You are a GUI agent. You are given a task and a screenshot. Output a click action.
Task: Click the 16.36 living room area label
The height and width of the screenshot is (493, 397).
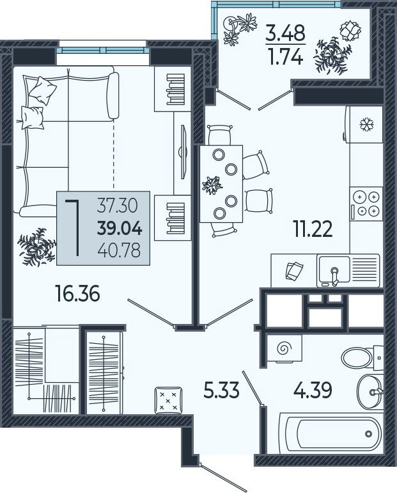click(x=77, y=293)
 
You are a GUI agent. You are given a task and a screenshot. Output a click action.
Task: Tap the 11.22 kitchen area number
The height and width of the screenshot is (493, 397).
click(x=312, y=229)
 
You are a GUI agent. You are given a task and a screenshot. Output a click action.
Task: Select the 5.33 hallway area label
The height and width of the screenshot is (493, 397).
click(x=222, y=391)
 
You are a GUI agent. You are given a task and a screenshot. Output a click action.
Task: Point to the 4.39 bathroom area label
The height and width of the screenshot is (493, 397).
click(x=313, y=391)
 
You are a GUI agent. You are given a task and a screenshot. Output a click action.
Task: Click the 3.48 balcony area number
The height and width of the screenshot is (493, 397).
click(x=285, y=33)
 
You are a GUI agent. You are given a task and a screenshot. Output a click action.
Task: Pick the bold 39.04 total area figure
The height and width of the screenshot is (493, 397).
click(x=120, y=229)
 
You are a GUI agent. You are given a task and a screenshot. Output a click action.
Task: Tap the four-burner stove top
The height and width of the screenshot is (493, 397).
click(x=366, y=204)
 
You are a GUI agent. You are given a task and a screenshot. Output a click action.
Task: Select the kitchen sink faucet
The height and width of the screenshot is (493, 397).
click(x=335, y=276)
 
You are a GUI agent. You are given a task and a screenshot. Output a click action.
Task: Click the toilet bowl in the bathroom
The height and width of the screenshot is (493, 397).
click(x=357, y=357)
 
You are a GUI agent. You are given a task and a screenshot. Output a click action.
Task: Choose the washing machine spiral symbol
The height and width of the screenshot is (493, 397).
click(x=285, y=349)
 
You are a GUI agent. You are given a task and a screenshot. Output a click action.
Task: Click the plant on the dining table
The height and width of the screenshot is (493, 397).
click(x=212, y=184)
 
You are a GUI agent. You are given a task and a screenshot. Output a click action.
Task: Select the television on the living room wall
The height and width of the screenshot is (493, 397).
click(x=182, y=152)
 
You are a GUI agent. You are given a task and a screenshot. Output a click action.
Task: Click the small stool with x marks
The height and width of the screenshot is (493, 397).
click(x=168, y=401)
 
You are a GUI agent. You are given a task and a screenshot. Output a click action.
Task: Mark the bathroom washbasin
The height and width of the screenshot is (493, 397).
click(x=370, y=391)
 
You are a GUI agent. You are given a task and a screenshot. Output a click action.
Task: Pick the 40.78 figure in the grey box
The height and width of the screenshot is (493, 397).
click(x=119, y=251)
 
